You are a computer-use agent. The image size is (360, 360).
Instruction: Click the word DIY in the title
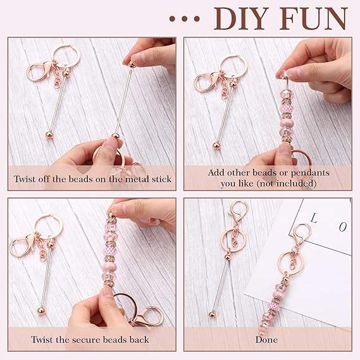242,18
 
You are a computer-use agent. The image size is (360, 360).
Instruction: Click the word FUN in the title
314,18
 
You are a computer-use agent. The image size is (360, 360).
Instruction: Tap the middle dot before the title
184,19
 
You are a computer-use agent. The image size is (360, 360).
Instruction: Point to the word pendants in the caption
310,173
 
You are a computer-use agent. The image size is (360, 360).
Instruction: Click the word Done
266,340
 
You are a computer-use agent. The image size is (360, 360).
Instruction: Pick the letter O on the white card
342,227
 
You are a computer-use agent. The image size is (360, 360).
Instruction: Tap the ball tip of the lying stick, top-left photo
49,135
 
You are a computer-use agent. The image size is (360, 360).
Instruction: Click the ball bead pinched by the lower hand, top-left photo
116,136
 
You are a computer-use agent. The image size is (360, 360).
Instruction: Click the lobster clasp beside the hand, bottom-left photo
147,316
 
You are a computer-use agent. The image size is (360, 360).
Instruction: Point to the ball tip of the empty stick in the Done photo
212,314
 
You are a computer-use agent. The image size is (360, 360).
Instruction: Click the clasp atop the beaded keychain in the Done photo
301,234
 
